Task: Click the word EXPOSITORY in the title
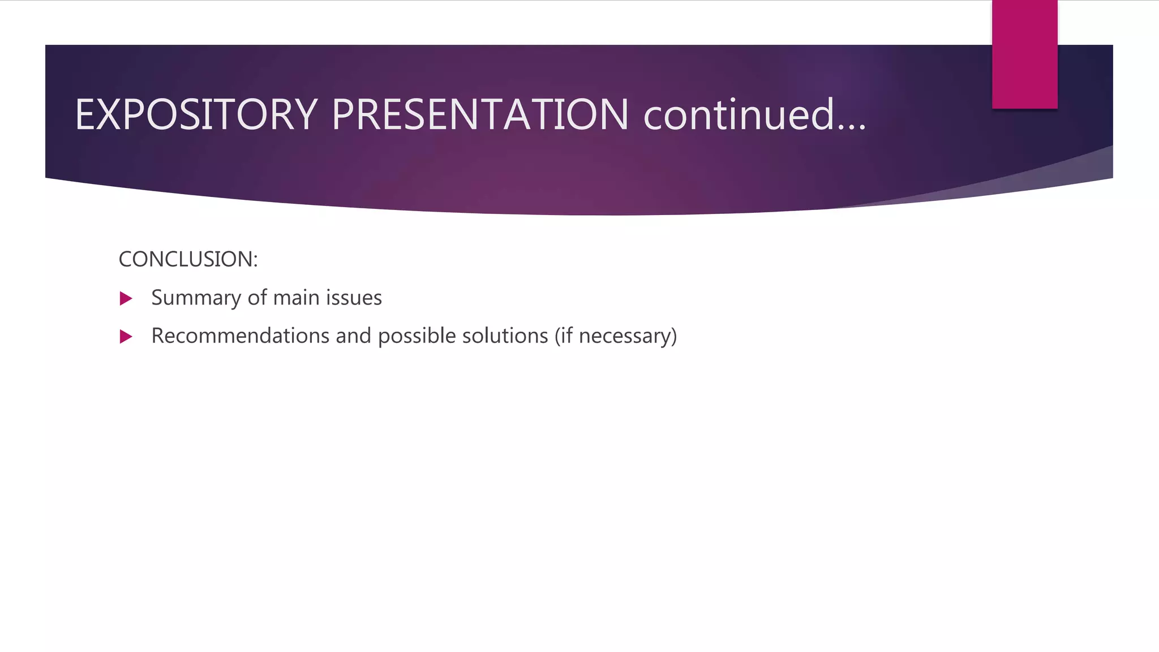tap(196, 115)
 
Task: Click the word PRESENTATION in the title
tap(480, 115)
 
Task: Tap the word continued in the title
tap(739, 115)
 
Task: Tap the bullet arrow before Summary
tap(126, 299)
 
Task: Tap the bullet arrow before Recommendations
tap(126, 337)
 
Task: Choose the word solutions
tap(505, 336)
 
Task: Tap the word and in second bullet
tap(353, 336)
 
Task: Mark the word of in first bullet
tap(257, 298)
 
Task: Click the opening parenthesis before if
tap(557, 336)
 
